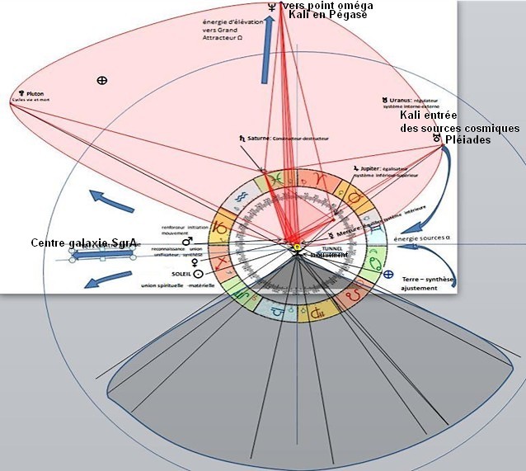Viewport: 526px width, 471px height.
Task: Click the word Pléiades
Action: [467, 140]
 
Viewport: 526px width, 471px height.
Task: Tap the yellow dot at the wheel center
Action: [294, 247]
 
